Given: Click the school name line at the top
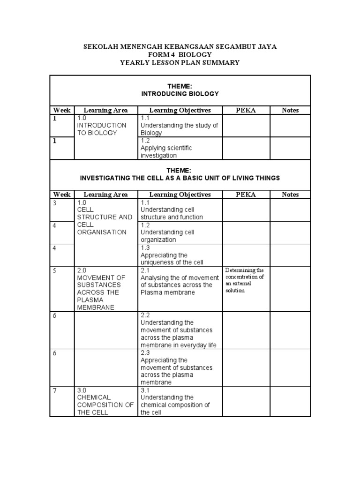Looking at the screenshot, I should click(180, 47).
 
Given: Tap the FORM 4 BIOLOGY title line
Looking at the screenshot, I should click(180, 55).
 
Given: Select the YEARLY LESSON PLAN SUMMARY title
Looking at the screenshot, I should click(180, 63).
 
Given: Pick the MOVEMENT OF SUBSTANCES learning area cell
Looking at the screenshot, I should click(102, 289).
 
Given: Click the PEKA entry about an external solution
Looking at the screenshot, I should click(245, 280).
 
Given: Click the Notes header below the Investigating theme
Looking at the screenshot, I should click(290, 195).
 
